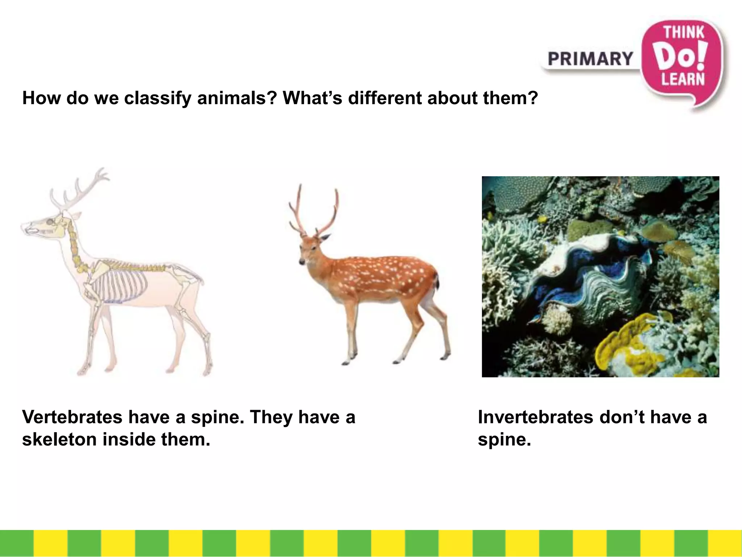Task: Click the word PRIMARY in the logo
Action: [x=590, y=59]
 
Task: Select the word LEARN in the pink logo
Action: [x=683, y=79]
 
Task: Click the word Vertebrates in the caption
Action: [x=72, y=417]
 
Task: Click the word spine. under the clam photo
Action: [x=504, y=440]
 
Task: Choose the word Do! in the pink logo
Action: [x=682, y=57]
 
